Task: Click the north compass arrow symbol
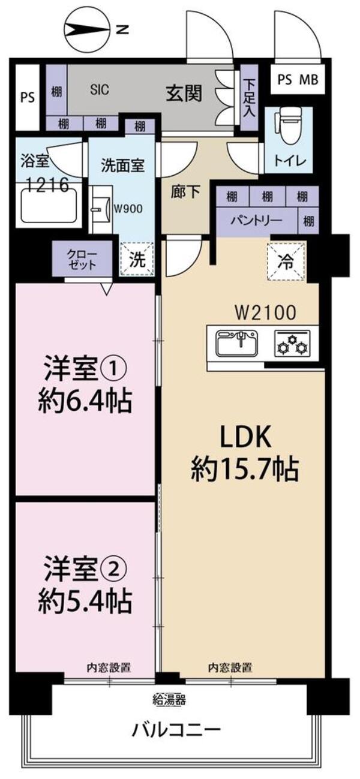coord(88,30)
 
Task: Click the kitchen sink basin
coord(238,343)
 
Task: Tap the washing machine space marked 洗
coord(137,259)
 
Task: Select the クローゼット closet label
coord(82,260)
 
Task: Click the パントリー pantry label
coord(257,220)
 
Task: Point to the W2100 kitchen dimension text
coord(266,312)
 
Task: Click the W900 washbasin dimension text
coord(128,209)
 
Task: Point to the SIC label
coord(100,89)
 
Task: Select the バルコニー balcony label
coord(176,726)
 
